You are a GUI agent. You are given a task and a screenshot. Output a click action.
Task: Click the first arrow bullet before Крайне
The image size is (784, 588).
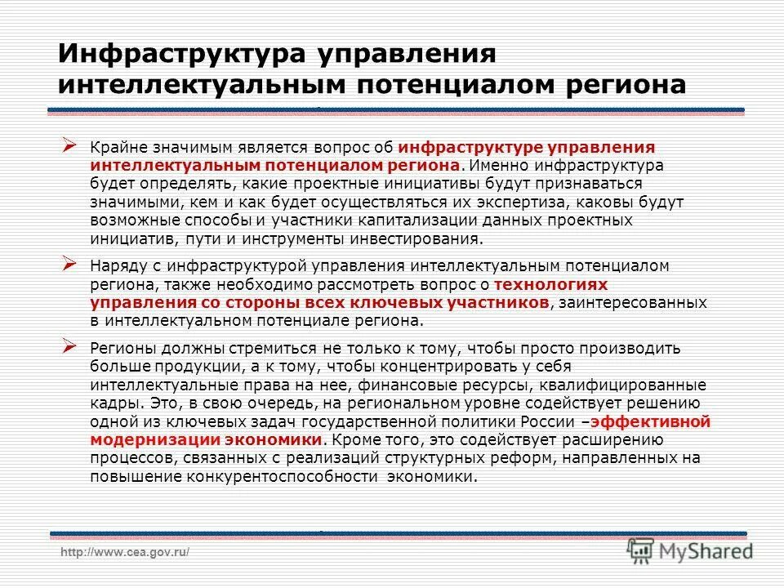point(70,145)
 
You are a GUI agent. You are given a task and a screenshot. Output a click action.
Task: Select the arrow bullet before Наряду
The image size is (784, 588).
point(70,263)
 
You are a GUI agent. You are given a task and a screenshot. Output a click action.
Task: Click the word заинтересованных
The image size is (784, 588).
point(634,303)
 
